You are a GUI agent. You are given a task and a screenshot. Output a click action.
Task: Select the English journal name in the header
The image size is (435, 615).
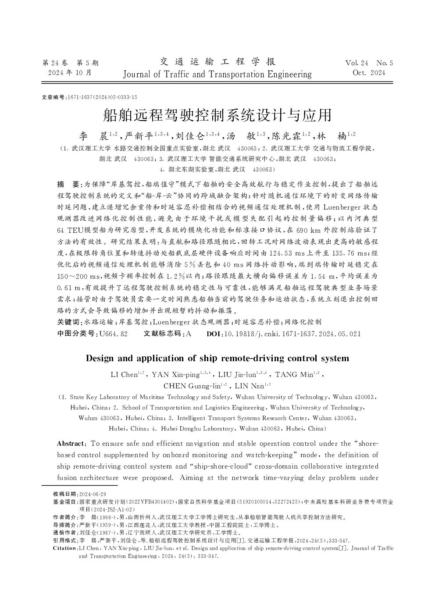click(217, 74)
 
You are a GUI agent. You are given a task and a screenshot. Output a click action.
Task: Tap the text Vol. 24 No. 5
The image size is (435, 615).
click(369, 63)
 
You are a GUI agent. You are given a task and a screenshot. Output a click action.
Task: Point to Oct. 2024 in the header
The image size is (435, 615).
click(369, 73)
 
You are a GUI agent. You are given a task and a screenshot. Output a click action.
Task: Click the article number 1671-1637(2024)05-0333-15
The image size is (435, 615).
click(101, 97)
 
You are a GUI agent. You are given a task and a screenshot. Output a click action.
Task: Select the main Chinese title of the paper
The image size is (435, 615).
click(217, 115)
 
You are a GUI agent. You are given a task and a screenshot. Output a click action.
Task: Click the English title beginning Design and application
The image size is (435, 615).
click(217, 358)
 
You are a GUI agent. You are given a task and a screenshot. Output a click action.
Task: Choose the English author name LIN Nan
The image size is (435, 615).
click(250, 386)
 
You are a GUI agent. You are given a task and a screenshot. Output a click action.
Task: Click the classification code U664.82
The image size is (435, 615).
click(114, 334)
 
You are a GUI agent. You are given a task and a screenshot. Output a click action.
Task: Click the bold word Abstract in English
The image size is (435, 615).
click(70, 444)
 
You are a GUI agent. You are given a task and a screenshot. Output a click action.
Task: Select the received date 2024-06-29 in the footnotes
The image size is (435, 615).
click(92, 494)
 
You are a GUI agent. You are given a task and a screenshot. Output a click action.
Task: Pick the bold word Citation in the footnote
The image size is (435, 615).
click(64, 548)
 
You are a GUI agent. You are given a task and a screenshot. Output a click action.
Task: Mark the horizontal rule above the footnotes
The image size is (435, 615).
click(79, 485)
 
